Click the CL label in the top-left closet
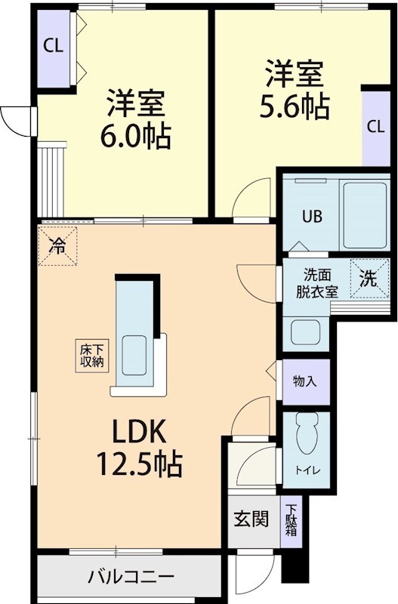click(x=52, y=45)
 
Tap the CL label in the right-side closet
click(x=375, y=126)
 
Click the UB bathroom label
click(x=312, y=216)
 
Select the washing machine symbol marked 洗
click(x=369, y=279)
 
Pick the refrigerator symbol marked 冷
click(x=57, y=245)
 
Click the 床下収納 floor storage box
click(x=92, y=355)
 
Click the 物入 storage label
click(x=304, y=382)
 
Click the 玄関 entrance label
click(x=249, y=519)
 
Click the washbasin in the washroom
click(x=305, y=331)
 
